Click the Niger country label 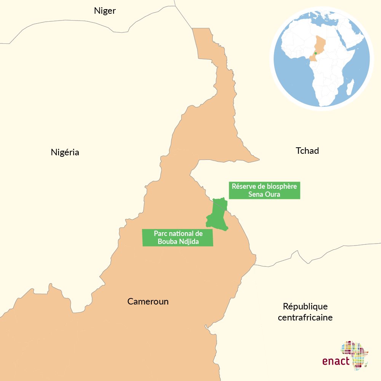tap(105, 11)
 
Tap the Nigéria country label tap(65, 153)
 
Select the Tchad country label tap(307, 151)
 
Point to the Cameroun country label tap(148, 302)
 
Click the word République tap(305, 306)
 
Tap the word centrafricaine tap(305, 317)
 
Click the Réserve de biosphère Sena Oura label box tap(265, 190)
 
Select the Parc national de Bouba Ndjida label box tap(177, 238)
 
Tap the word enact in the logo tap(336, 360)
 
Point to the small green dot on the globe tap(316, 53)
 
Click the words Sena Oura tap(264, 194)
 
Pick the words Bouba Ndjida tap(178, 241)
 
